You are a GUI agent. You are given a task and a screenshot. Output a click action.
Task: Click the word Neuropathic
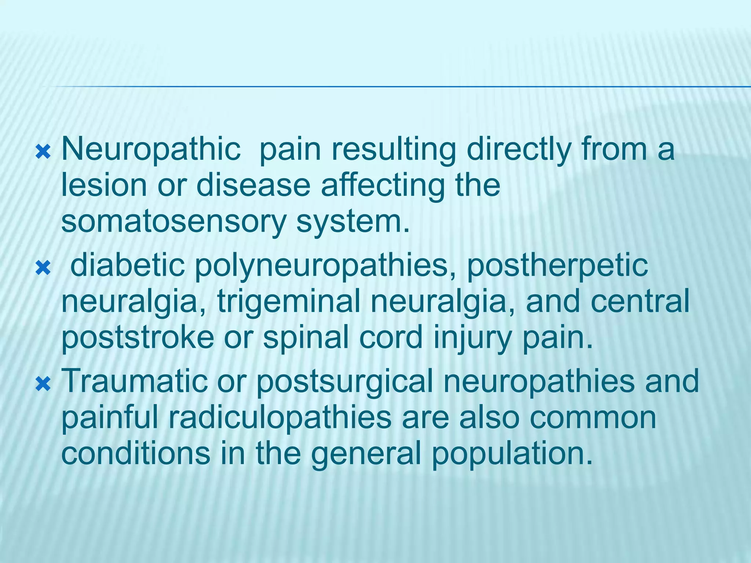tap(151, 150)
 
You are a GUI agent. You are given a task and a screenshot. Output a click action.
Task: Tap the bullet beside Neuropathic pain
tap(43, 152)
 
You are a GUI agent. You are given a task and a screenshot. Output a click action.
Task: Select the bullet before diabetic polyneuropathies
tap(43, 269)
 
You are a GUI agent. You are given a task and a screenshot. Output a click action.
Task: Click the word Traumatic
tap(135, 381)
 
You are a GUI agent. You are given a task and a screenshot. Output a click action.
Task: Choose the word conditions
tap(136, 453)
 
